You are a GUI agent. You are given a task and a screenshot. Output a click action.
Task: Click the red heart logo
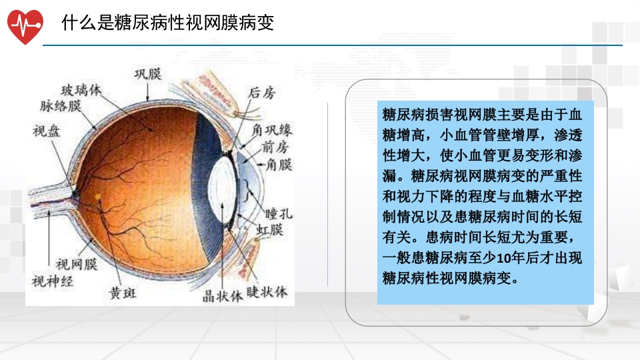[25, 25]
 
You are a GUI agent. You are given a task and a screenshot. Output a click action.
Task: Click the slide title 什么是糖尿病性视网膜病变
[168, 23]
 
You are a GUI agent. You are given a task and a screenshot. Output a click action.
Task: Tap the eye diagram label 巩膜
[148, 73]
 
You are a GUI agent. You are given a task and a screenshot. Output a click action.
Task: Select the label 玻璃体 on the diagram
[81, 90]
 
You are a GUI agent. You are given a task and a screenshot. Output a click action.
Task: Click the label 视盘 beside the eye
[46, 131]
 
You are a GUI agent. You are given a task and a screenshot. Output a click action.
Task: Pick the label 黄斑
[123, 293]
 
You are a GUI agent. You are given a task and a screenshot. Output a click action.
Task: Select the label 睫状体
[267, 292]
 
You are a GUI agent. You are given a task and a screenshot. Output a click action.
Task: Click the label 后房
[261, 93]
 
